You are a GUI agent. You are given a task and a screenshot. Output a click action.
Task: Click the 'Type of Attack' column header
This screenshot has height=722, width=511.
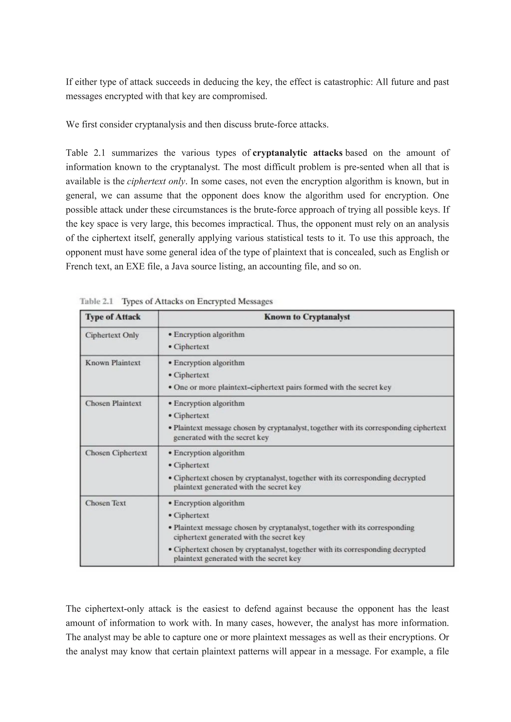pyautogui.click(x=113, y=317)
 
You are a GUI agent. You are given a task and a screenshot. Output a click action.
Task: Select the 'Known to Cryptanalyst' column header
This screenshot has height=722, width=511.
pyautogui.click(x=307, y=317)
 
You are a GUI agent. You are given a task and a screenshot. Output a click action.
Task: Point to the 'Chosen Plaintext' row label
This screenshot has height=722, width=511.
pyautogui.click(x=113, y=403)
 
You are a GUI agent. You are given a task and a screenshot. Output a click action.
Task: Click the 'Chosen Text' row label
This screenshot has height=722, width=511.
pyautogui.click(x=105, y=503)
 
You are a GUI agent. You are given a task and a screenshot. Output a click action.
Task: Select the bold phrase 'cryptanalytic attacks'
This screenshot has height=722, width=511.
pyautogui.click(x=297, y=153)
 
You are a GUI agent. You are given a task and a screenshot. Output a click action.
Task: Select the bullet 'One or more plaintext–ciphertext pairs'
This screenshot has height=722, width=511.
pyautogui.click(x=282, y=387)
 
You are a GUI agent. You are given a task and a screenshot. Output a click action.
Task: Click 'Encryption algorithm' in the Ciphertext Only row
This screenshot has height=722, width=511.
pyautogui.click(x=209, y=334)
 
